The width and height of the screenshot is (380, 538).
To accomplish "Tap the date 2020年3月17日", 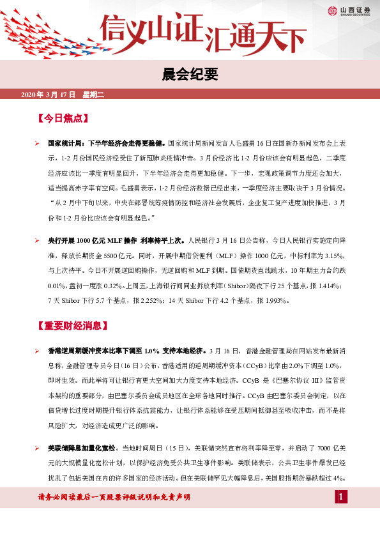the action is coord(49,95).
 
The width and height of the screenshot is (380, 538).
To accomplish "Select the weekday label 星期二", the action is coord(93,95).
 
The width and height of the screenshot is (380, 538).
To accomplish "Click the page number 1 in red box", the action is coord(342,496).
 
